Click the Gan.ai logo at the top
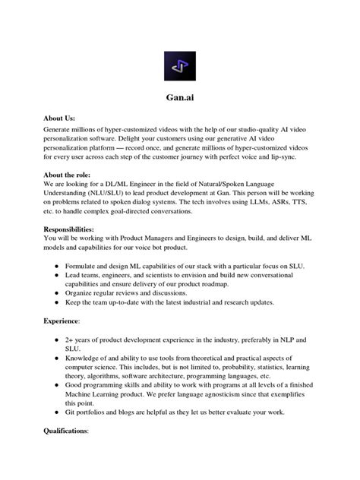180,66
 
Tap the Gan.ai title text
180,97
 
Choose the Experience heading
63,321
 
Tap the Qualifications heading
67,430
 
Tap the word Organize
83,292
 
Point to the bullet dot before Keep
57,302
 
